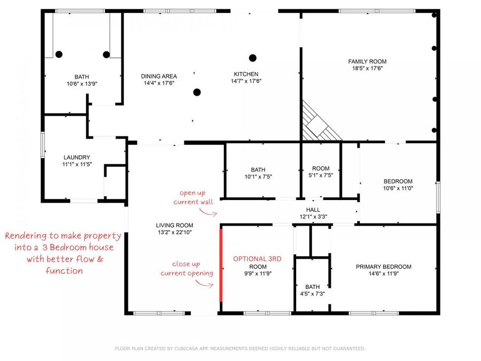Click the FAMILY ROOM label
tap(367, 62)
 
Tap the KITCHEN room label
tap(246, 74)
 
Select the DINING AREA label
tap(159, 76)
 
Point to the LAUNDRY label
tap(76, 157)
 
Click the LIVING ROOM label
tap(175, 225)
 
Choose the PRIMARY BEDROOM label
tap(383, 267)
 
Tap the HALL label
tap(313, 210)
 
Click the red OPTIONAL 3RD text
tap(257, 259)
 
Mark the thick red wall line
tap(221, 265)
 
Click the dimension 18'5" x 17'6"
tap(367, 68)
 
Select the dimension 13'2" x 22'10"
tap(175, 233)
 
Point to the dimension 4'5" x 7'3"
tap(312, 294)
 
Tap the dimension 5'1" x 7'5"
tap(321, 175)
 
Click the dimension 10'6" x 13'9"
tap(82, 83)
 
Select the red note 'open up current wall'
tap(193, 197)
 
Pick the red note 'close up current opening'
tap(187, 268)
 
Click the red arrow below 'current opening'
tap(204, 285)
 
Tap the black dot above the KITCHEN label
tap(252, 58)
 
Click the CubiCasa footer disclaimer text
tap(240, 348)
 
